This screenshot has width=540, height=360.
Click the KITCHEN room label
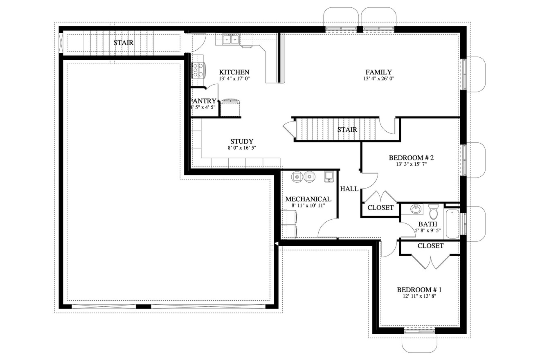(x=234, y=72)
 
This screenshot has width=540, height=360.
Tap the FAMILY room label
(x=378, y=72)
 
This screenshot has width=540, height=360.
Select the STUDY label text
(x=242, y=142)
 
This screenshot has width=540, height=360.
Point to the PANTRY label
(x=203, y=101)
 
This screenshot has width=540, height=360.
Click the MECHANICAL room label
(x=308, y=199)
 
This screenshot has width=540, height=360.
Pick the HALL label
(x=349, y=189)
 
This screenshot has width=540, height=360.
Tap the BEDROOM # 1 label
(x=419, y=290)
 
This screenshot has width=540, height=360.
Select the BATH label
(x=427, y=224)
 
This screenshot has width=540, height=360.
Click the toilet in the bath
(x=434, y=212)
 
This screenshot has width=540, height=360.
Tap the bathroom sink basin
(x=416, y=209)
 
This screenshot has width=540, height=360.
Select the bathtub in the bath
(x=452, y=223)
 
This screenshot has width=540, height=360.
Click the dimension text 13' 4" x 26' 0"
(x=378, y=79)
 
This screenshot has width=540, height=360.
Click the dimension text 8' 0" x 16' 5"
(x=242, y=148)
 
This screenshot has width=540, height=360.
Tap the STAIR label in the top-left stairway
(x=124, y=43)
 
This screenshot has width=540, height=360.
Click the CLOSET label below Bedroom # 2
(x=380, y=208)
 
